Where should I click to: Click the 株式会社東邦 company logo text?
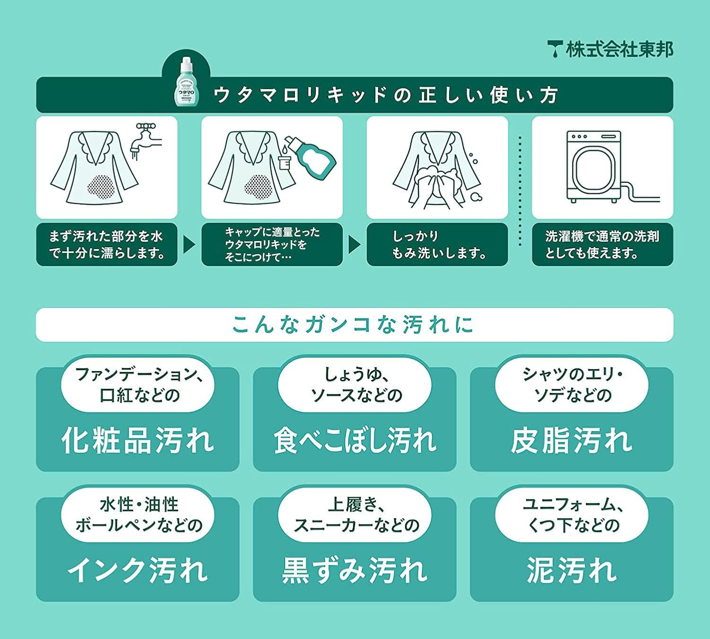(x=611, y=49)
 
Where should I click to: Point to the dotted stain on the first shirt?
(x=101, y=186)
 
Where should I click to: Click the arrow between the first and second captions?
(x=189, y=245)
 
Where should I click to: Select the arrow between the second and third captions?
(x=354, y=245)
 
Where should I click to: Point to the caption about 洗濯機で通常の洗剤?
(x=602, y=245)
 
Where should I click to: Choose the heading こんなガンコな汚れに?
(x=354, y=325)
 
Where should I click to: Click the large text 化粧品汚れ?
(x=138, y=440)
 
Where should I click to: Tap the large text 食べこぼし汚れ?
(x=355, y=440)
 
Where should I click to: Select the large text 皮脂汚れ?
(x=571, y=440)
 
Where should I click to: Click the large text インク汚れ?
(x=138, y=570)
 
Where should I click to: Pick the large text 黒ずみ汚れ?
(x=355, y=570)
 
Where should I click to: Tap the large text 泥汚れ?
(x=571, y=570)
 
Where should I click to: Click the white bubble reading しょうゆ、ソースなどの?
(x=355, y=385)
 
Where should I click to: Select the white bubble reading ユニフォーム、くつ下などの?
(x=571, y=515)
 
